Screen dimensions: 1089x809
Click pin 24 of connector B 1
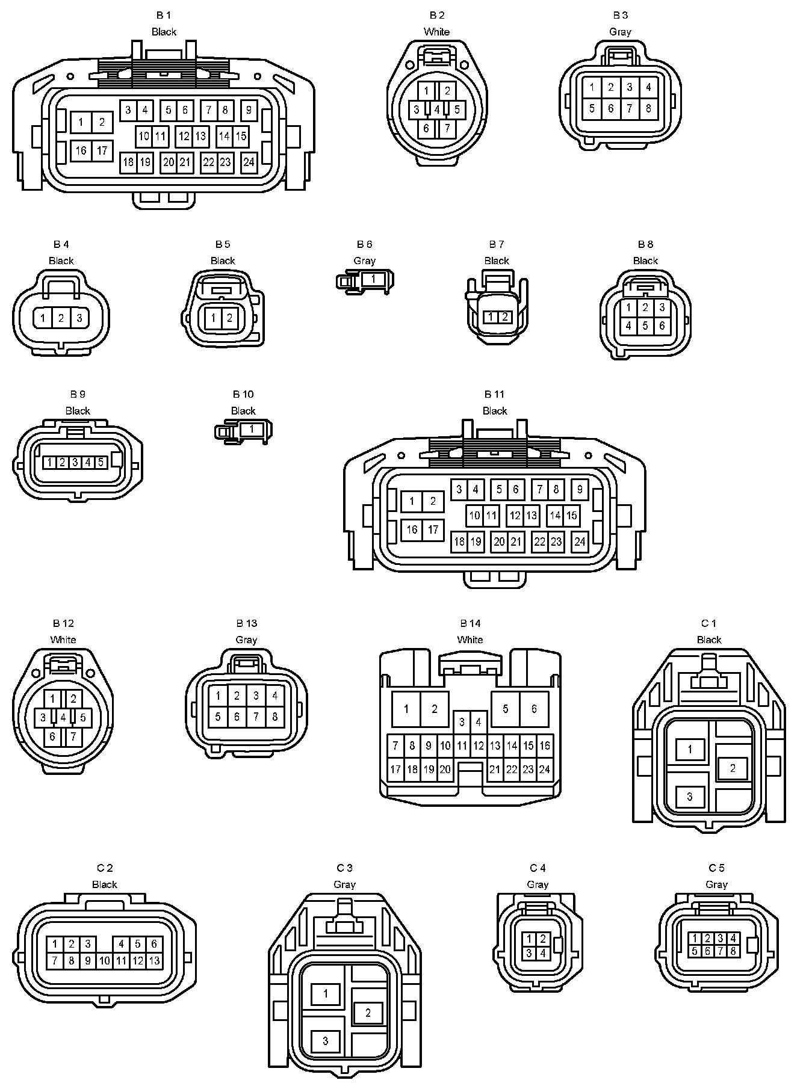tap(249, 162)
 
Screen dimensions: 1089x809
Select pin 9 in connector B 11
tap(580, 489)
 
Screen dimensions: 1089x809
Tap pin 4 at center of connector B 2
tap(437, 110)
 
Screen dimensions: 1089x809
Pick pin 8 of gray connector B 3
tap(648, 109)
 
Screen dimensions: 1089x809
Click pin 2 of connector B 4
tap(61, 318)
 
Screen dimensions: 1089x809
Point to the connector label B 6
tap(364, 244)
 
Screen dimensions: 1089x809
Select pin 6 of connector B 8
tap(662, 325)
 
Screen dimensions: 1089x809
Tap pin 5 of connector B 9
tap(101, 462)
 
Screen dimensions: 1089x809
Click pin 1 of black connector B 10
tap(252, 429)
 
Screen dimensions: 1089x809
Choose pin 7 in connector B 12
tap(73, 736)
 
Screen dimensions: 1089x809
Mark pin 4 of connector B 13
tap(274, 696)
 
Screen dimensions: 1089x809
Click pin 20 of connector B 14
tap(445, 770)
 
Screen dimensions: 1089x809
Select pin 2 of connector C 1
tap(733, 768)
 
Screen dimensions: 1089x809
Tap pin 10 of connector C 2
tap(104, 961)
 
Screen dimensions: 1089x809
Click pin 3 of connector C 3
tap(326, 1041)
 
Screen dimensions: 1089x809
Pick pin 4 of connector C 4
tap(542, 953)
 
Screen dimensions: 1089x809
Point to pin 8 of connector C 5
tap(733, 951)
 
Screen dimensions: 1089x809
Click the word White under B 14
tap(470, 640)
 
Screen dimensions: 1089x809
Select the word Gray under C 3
tap(344, 884)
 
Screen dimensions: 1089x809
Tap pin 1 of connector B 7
tap(491, 317)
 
